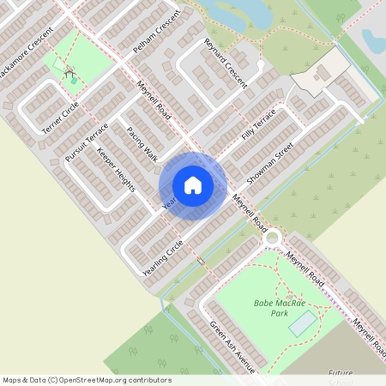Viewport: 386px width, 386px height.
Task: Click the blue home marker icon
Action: click(193, 185)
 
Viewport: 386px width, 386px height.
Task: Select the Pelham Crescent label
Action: click(157, 37)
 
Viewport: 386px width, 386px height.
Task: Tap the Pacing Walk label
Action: click(142, 144)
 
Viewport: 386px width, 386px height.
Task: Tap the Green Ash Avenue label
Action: click(232, 347)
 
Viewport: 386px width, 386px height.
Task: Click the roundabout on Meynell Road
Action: click(273, 237)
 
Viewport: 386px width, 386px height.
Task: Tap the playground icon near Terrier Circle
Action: click(68, 72)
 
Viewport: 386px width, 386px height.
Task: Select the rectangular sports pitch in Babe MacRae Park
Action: click(302, 323)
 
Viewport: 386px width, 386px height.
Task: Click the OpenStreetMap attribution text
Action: click(87, 379)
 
